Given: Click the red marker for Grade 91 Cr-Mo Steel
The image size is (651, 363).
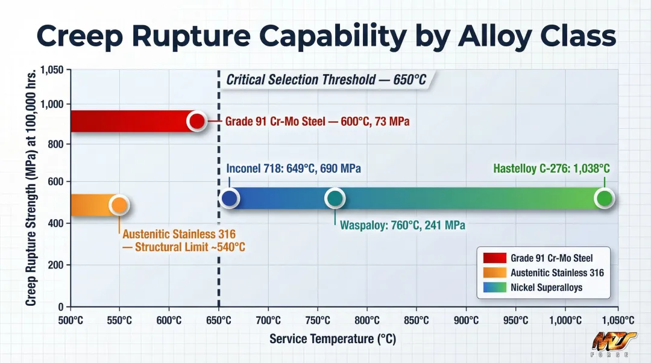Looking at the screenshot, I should coord(197,121).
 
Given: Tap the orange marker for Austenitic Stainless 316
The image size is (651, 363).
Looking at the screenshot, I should coord(119,205).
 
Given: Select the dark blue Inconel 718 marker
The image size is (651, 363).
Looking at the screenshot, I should coord(230,198).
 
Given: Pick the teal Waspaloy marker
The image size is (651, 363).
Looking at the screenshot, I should coord(335,198).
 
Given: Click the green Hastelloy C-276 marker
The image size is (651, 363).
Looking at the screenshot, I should coord(604,198).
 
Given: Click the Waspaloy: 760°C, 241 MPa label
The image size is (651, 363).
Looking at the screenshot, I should coord(402,226).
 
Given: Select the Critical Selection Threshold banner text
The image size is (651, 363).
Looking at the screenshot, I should coord(325,79).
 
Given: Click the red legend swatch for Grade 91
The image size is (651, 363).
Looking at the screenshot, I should coord(495,258).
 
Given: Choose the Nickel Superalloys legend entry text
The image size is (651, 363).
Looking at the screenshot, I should coord(546,288).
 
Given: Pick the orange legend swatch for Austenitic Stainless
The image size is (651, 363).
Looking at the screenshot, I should coord(495,273).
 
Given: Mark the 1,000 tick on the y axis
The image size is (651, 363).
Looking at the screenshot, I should coord(52,104).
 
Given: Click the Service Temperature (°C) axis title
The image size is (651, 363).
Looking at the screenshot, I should coord(332,339).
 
